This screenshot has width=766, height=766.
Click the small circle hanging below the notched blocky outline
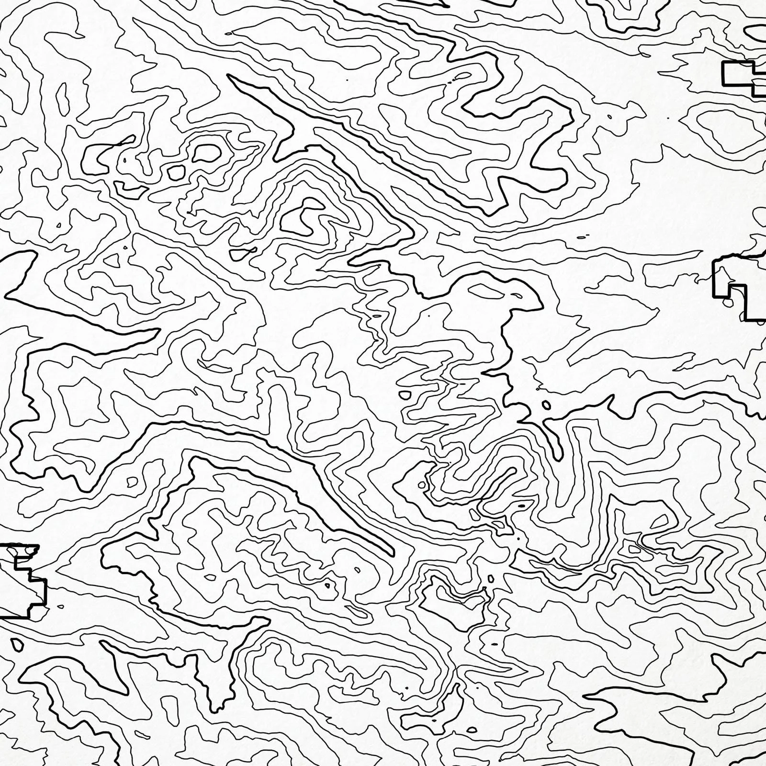click(x=728, y=302)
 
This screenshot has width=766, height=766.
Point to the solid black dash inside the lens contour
click(x=521, y=505)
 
